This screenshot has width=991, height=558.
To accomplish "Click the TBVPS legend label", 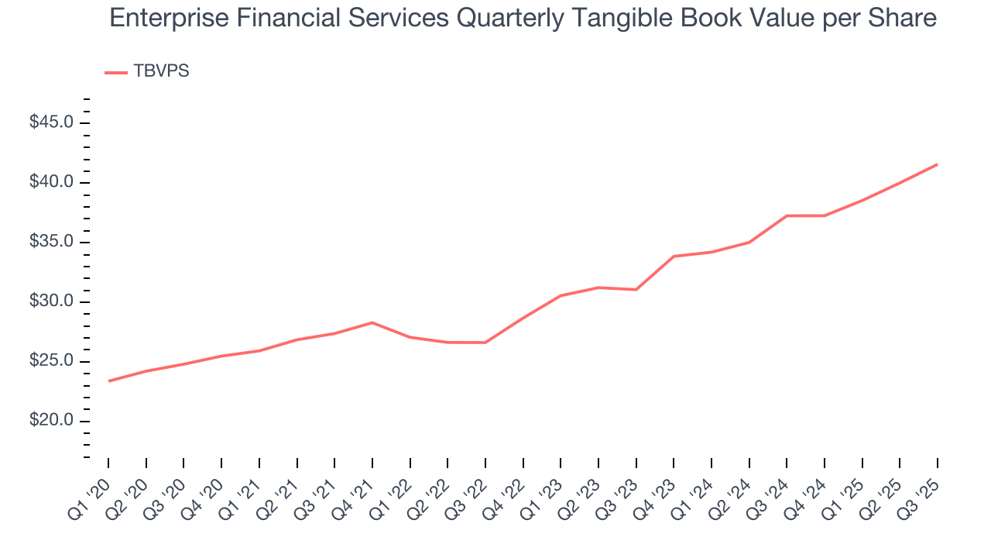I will pos(161,71).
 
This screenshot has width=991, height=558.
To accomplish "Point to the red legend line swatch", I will pos(116,72).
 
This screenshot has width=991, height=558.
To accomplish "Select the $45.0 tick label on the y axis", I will pos(53,123).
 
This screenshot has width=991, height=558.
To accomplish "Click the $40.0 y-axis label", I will pos(53,183).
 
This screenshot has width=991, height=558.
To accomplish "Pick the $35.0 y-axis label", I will pos(53,243).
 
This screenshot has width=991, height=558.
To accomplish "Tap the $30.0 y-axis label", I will pos(53,302).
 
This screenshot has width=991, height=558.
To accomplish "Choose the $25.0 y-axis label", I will pos(53,362).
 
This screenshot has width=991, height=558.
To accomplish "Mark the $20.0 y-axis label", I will pos(53,422).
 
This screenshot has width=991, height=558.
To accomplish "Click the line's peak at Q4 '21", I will pos(372,322).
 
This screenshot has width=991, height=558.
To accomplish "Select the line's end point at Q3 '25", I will pos(938,164).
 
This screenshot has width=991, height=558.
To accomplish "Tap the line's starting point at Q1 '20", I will pos(108,381).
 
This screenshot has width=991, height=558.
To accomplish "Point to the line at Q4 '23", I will pos(674,257).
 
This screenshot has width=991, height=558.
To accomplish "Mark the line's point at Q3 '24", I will pos(787,215).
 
